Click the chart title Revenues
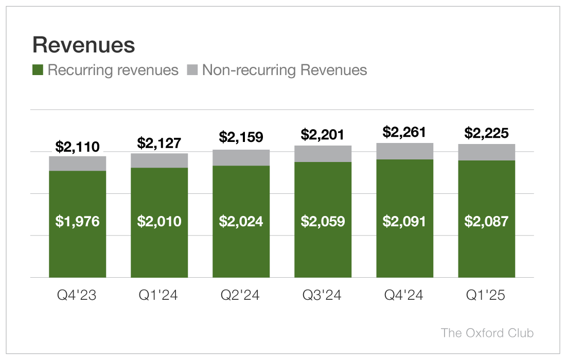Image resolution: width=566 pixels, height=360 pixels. pos(83,45)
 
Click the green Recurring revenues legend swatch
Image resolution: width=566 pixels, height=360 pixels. pos(38,70)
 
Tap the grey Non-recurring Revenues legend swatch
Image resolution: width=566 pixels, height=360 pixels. pos(192,70)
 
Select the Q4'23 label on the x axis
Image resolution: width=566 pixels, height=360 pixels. pos(77,296)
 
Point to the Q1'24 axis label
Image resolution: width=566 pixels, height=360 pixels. pos(159,296)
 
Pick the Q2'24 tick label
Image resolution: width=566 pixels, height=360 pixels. pos(241,296)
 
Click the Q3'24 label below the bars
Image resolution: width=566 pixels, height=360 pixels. pos(323,296)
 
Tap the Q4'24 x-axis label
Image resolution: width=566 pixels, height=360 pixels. pos(404,296)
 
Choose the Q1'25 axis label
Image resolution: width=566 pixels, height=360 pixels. pos(486,296)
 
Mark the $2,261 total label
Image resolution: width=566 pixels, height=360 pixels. pos(404,133)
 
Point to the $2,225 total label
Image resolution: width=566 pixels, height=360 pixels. pos(486,134)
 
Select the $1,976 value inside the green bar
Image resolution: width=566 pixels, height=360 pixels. pos(77,222)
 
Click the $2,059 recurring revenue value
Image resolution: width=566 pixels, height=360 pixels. pos(323,222)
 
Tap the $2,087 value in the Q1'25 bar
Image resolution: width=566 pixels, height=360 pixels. pos(486,222)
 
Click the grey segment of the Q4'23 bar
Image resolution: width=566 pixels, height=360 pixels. pos(77,164)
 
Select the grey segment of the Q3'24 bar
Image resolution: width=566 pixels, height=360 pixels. pos(323,154)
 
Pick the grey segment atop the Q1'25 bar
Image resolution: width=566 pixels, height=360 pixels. pos(486,152)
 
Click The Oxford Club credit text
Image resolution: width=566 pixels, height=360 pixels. pos(487,333)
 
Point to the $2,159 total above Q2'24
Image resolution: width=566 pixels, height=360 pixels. pos(241,137)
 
